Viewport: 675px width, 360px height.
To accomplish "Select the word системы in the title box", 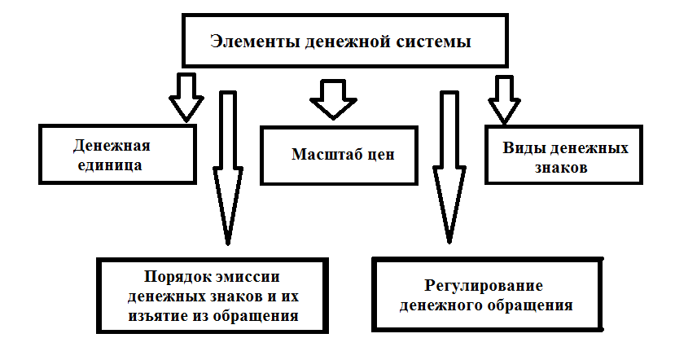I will point(436,42).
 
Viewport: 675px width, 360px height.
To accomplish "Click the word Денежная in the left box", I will point(113,147).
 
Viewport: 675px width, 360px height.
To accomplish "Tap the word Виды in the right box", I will point(522,150).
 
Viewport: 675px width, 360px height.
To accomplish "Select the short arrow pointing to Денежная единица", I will point(185,96).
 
